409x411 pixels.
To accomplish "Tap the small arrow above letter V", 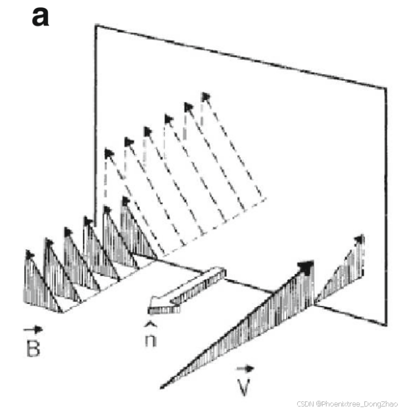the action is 245,369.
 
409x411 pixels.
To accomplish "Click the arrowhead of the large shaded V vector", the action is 306,266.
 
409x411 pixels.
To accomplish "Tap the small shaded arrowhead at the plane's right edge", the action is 359,239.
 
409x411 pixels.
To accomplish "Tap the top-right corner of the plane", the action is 386,89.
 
